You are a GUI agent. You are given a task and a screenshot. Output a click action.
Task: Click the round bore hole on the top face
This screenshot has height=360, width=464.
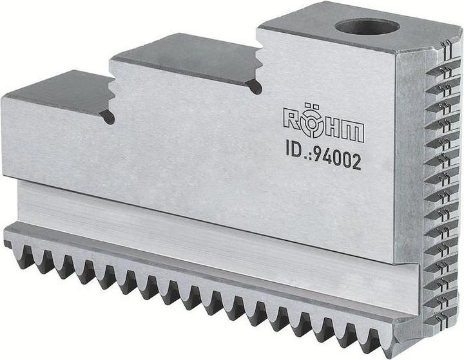tap(367, 27)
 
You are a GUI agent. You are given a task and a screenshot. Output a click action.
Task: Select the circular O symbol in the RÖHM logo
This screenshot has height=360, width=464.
tap(314, 128)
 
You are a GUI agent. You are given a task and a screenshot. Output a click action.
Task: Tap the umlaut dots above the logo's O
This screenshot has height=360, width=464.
tap(314, 108)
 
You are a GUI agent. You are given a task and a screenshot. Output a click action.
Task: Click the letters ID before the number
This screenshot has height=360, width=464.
tap(296, 151)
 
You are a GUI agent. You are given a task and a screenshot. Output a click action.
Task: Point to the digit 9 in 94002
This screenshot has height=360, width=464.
tap(318, 155)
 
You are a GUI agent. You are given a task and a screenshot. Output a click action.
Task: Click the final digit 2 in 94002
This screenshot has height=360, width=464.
tap(356, 162)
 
